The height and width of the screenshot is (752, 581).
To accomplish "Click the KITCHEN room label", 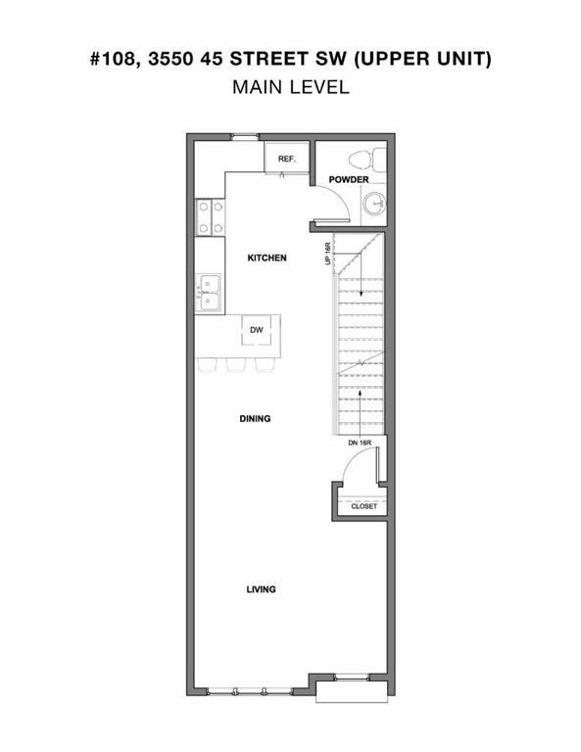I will coord(266,258).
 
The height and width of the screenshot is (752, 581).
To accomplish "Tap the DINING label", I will coord(255,418).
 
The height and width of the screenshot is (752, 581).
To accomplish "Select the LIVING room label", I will coord(260,589).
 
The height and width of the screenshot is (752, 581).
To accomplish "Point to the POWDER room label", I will coord(348,180).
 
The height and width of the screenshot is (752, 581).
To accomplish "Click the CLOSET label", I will coord(363,506).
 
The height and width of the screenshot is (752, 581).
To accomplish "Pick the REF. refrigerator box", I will coord(287,158).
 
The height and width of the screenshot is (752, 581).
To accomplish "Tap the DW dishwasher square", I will coord(256,330).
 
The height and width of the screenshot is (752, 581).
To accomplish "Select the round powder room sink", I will coord(373,203).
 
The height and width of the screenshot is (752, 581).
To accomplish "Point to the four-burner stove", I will coord(209,217).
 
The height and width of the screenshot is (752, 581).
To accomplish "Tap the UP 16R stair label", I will coord(328,255).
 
